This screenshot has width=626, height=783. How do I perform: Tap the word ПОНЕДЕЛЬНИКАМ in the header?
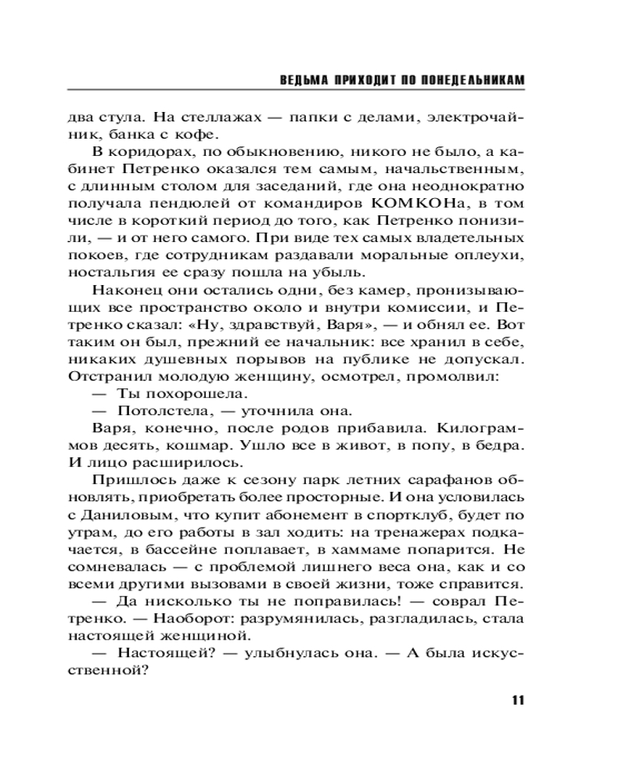[x=466, y=81]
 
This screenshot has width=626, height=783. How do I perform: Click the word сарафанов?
[x=448, y=480]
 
